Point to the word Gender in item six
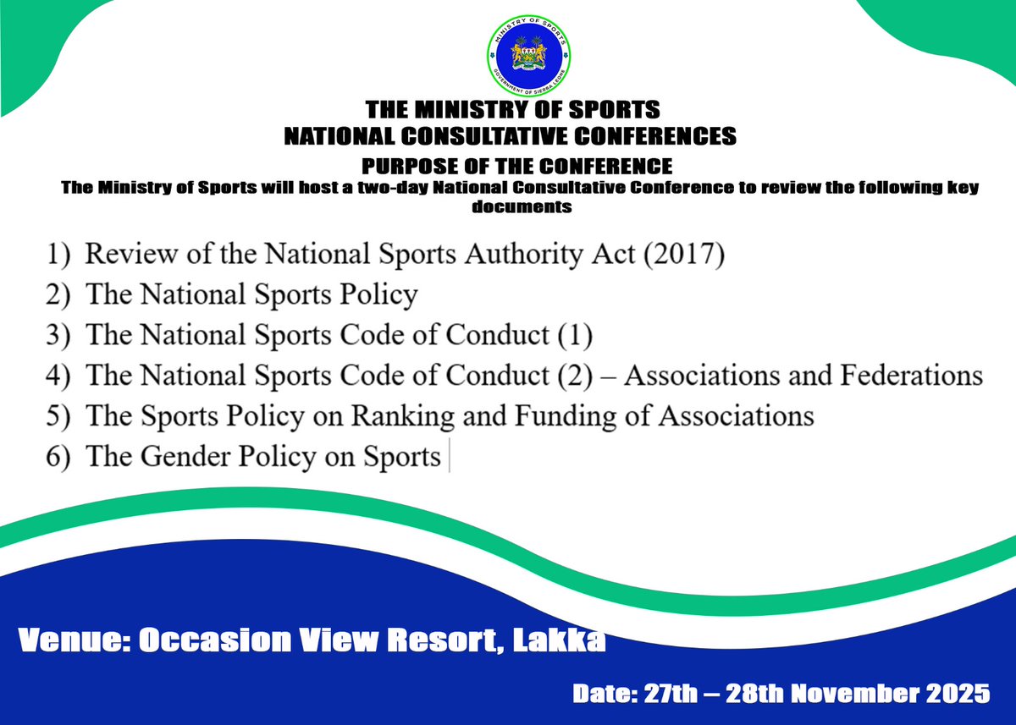pos(185,457)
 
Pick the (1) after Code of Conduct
pos(574,335)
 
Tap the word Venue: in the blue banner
pos(71,640)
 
